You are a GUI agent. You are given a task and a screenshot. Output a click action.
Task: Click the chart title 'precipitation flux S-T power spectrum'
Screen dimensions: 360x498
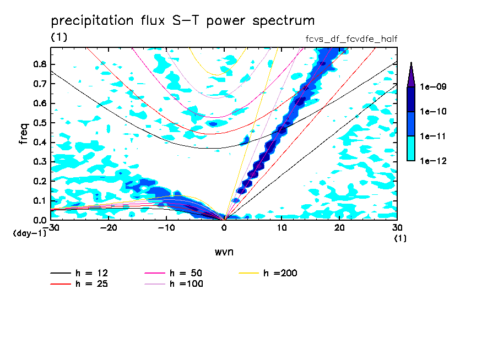click(x=183, y=21)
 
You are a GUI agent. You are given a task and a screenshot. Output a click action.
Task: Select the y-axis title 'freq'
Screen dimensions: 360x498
click(x=24, y=133)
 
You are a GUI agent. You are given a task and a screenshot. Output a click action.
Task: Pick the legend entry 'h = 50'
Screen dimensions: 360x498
click(x=185, y=273)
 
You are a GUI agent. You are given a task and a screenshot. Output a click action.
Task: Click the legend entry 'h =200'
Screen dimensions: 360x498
click(x=280, y=273)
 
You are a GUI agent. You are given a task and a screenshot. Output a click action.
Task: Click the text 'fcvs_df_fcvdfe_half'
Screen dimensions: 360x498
click(x=351, y=39)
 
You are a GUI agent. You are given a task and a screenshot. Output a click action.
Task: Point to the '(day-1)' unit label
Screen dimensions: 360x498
click(x=26, y=233)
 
